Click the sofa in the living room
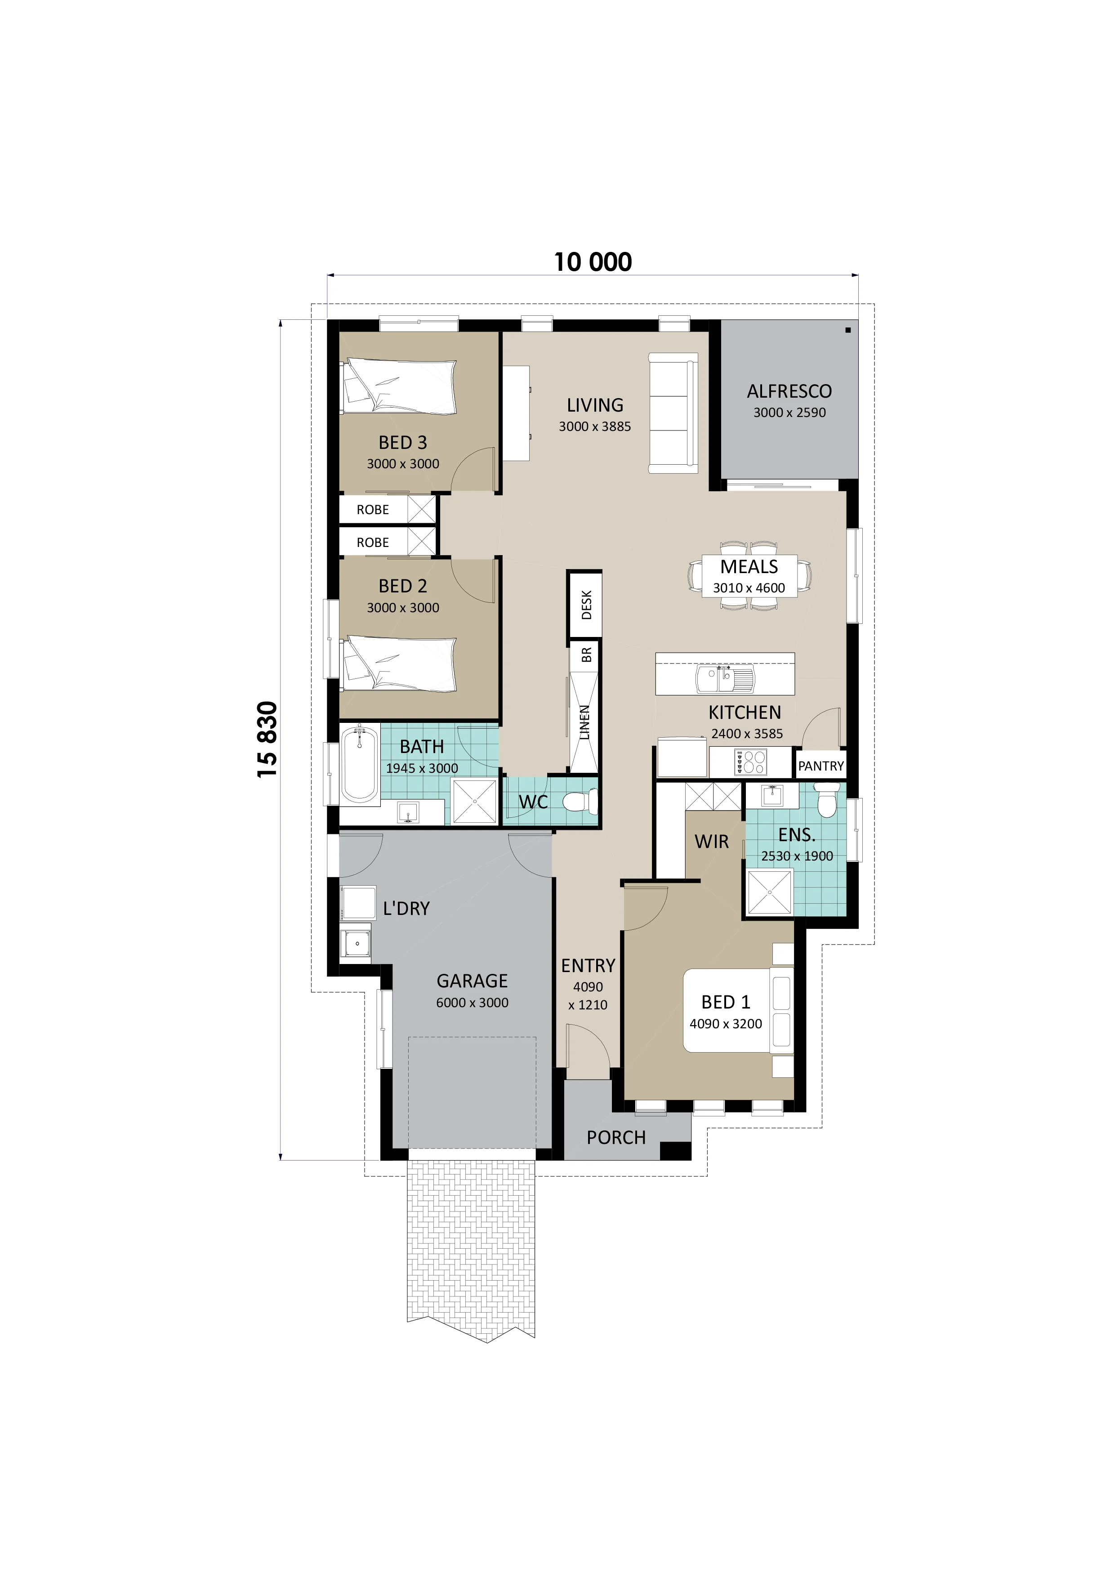pyautogui.click(x=673, y=413)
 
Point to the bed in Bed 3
pyautogui.click(x=398, y=386)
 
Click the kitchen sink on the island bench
pyautogui.click(x=725, y=680)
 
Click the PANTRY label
pyautogui.click(x=820, y=766)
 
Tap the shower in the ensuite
pyautogui.click(x=769, y=892)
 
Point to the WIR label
pyautogui.click(x=711, y=841)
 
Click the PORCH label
pyautogui.click(x=615, y=1138)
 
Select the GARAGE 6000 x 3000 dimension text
pyautogui.click(x=472, y=1003)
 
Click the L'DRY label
pyautogui.click(x=406, y=909)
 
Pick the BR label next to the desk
pyautogui.click(x=586, y=655)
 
